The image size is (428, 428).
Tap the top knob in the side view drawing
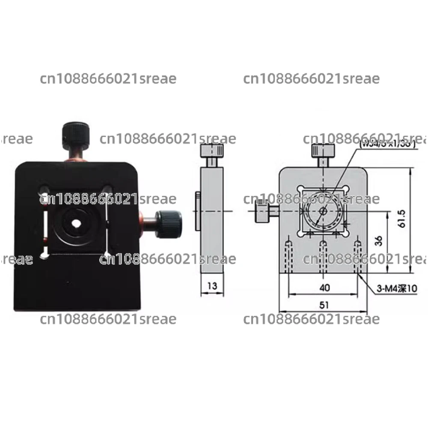coord(212,151)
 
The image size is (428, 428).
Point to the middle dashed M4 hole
coord(323,257)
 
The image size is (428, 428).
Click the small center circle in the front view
coord(323,211)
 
